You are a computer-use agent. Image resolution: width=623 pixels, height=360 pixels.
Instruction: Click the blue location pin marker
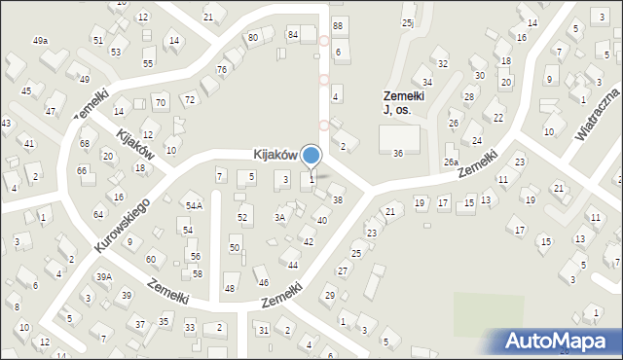coord(311,156)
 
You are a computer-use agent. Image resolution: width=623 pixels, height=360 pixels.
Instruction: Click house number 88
coord(338,25)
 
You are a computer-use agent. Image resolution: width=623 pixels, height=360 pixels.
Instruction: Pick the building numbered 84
coord(292,35)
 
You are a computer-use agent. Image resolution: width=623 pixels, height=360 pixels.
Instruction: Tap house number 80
coord(253,37)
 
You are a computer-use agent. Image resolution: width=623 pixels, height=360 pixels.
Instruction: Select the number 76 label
coord(222,69)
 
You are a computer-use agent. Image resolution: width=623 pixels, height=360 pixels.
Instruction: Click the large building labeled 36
coord(398,154)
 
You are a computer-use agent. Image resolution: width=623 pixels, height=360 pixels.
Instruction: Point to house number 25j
coord(407,22)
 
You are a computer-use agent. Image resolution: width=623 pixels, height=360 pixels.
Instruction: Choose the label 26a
coord(451,162)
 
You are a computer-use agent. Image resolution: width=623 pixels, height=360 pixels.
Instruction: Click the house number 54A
coord(194,206)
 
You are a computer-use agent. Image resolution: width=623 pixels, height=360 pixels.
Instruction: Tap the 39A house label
coord(103,277)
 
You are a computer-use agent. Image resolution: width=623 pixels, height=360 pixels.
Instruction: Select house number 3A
coord(279,218)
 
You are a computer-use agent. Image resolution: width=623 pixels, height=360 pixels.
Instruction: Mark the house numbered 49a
coord(40,41)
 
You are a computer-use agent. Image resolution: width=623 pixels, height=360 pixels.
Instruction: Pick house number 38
coord(338,199)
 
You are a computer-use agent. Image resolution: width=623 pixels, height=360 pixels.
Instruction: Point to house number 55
coord(148,63)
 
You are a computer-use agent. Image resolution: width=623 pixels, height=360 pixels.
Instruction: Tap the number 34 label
coord(426,82)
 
